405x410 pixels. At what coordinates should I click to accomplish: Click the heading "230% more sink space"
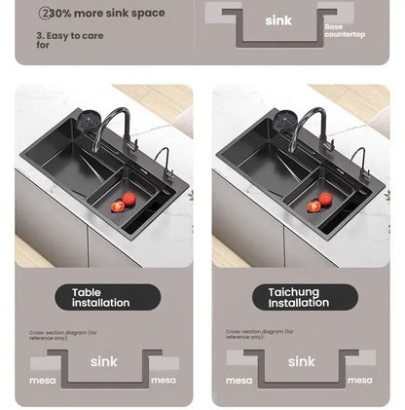[x=102, y=14]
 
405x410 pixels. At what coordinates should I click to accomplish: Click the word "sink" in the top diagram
[x=277, y=20]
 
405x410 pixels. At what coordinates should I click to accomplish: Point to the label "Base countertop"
[x=344, y=31]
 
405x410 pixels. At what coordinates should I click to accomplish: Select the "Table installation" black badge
[x=100, y=297]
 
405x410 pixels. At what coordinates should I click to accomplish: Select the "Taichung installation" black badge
[x=299, y=297]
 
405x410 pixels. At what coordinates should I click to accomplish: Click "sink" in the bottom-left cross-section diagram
[x=103, y=361]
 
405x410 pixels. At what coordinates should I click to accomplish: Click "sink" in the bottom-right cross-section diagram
[x=301, y=361]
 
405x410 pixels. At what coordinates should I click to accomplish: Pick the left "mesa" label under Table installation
[x=42, y=380]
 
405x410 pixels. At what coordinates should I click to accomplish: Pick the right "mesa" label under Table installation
[x=164, y=380]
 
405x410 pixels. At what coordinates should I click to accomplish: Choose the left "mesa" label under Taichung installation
[x=239, y=380]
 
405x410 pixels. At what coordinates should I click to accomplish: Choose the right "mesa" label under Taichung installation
[x=360, y=380]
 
